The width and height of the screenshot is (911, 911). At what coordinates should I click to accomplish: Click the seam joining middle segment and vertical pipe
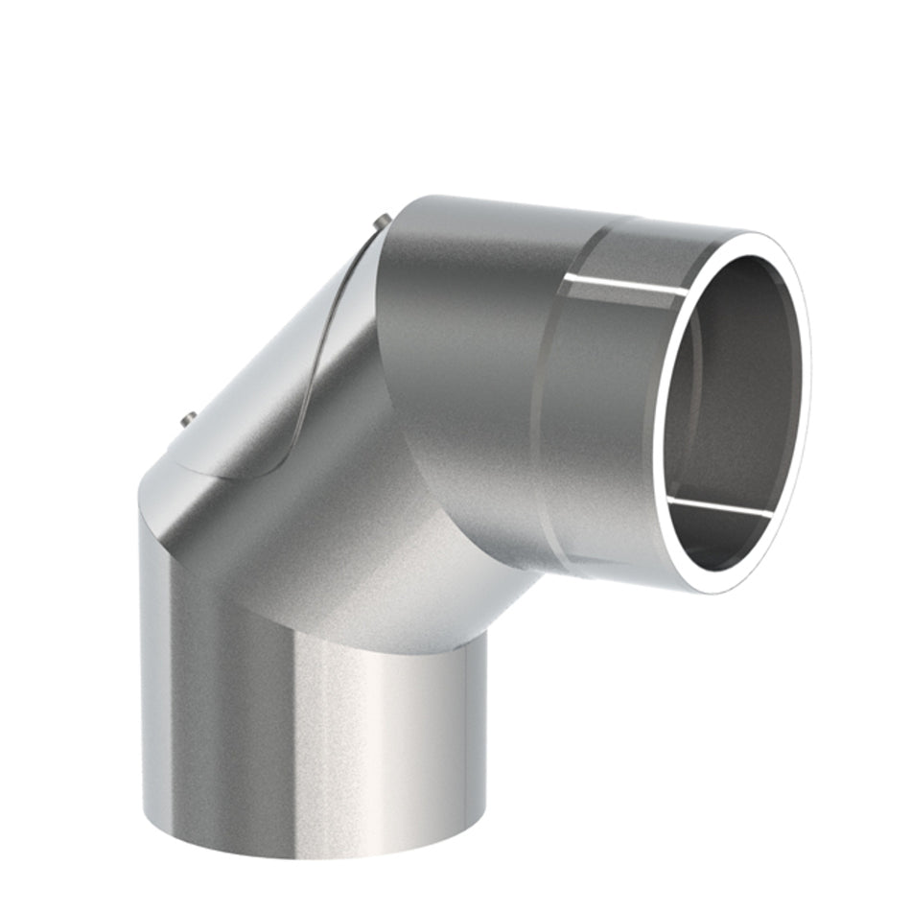click(x=316, y=623)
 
